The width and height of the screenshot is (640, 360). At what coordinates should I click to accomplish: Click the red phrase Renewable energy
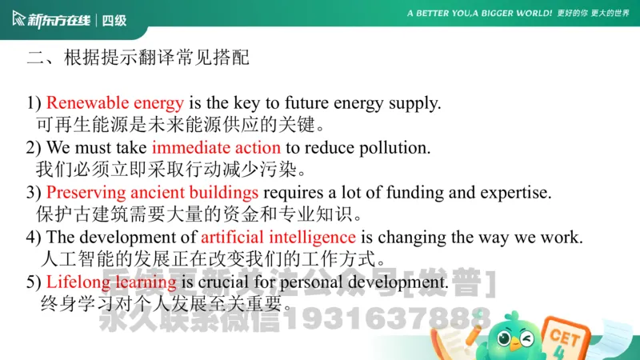point(114,103)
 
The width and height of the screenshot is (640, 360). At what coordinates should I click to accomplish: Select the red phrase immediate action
point(216,148)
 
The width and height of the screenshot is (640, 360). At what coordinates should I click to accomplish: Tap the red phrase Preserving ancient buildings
point(152,193)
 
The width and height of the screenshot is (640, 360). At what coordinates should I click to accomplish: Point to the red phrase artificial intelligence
point(278,238)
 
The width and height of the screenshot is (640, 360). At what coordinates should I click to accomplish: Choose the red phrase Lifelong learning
point(111,282)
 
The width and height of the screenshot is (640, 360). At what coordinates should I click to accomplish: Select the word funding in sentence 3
point(412,193)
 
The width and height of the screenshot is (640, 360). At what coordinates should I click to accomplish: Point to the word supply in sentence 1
point(417,103)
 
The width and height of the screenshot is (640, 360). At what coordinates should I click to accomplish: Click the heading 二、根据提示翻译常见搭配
point(138,58)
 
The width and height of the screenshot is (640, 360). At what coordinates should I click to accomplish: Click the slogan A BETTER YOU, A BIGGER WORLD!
point(479,14)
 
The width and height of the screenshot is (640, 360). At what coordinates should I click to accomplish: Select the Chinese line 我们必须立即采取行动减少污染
point(172,170)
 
